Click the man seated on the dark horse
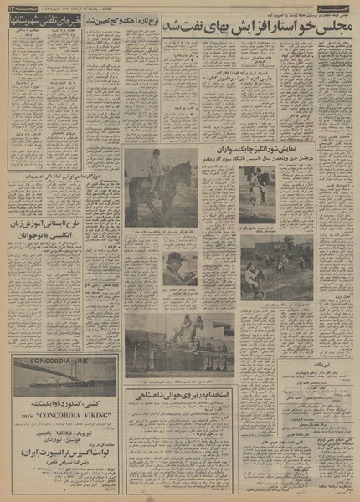pyautogui.click(x=153, y=167)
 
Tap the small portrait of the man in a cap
pyautogui.click(x=177, y=267)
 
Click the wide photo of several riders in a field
pyautogui.click(x=275, y=257)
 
